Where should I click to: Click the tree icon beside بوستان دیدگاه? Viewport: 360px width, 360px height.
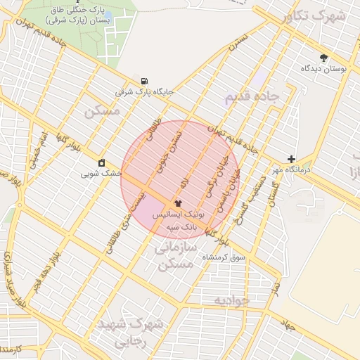click(323, 58)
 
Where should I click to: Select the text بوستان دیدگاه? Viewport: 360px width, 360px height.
click(321, 69)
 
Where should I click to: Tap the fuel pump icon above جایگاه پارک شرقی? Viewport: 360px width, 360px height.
click(144, 81)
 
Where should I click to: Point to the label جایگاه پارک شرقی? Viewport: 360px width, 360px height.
click(144, 92)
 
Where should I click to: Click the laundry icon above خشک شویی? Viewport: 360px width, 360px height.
click(102, 162)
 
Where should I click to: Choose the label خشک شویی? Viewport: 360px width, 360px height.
click(101, 173)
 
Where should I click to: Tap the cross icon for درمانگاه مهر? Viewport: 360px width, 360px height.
click(291, 159)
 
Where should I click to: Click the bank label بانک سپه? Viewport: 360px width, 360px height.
click(179, 227)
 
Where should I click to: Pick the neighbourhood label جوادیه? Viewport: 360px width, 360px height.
click(231, 301)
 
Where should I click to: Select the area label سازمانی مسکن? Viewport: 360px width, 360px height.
click(172, 257)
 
